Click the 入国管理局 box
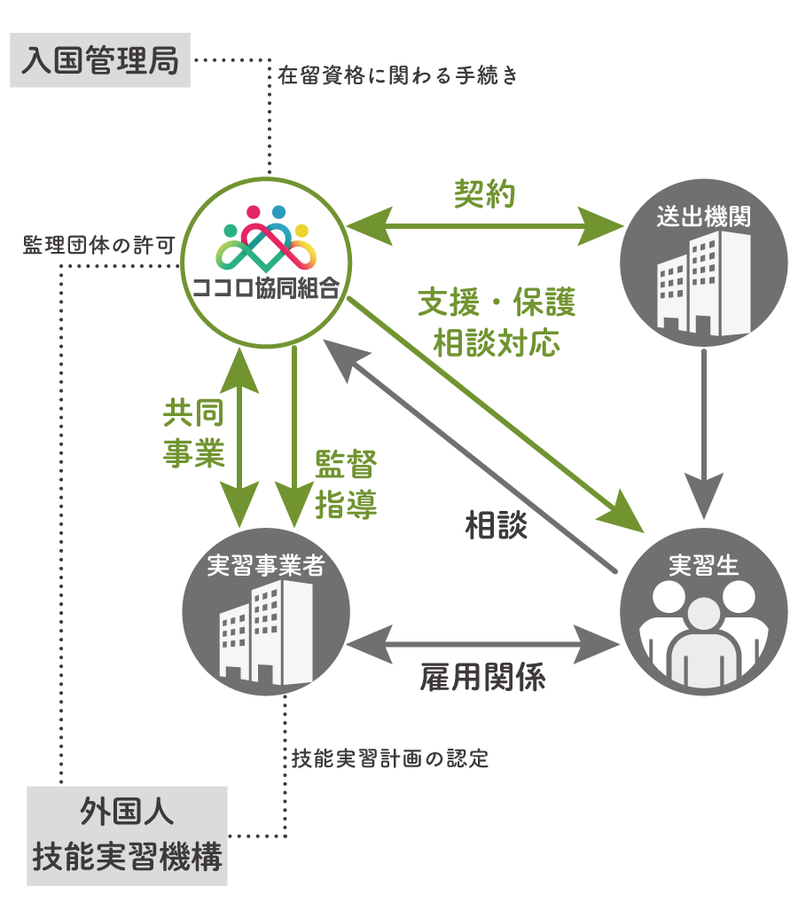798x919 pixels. [100, 61]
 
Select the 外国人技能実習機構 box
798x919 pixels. [127, 835]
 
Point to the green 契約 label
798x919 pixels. [484, 194]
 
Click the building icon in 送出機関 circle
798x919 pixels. [703, 284]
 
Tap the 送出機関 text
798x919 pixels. [704, 216]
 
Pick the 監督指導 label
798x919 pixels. [346, 484]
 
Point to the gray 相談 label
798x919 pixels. [497, 525]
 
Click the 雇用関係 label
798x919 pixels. [482, 678]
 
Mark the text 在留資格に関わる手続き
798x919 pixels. [396, 75]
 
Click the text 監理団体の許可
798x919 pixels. [98, 246]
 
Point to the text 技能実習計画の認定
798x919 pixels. [390, 759]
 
